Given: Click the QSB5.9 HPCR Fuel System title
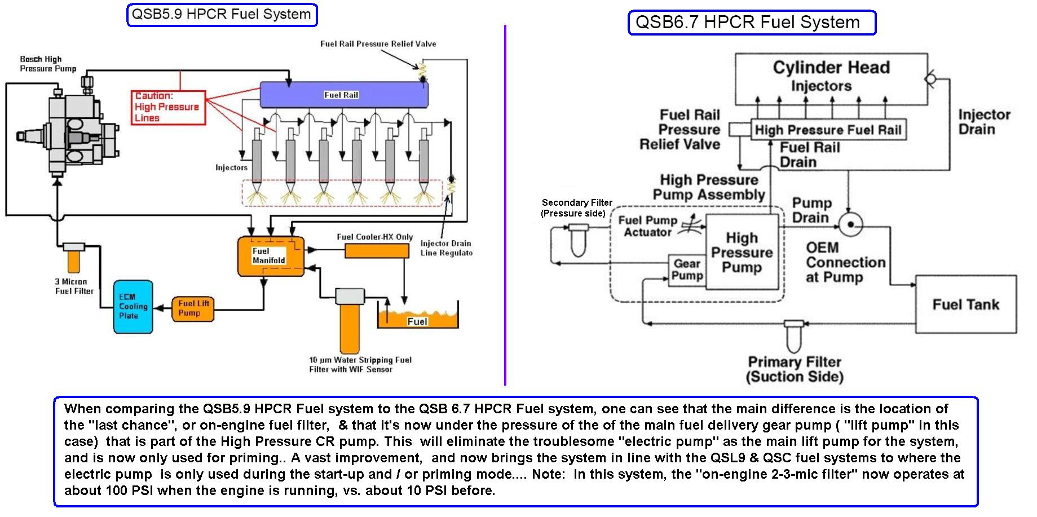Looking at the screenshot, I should tap(222, 15).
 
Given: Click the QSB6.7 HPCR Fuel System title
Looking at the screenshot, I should tap(751, 23).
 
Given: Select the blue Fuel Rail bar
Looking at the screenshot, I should tap(343, 95).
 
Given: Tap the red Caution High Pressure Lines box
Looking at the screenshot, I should tap(168, 107).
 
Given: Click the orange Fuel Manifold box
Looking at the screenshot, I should tap(270, 256).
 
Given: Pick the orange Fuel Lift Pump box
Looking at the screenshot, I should tap(192, 308).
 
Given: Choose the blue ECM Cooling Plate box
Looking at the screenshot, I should tap(133, 306).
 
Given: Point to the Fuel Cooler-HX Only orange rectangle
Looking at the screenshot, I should tap(376, 251).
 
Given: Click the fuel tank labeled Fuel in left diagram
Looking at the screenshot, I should tap(417, 320).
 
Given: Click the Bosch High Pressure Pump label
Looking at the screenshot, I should tap(47, 64).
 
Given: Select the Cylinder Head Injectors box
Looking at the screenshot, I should tap(831, 78).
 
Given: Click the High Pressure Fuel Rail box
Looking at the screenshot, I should tap(828, 130).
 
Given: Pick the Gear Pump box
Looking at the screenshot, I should tap(687, 270).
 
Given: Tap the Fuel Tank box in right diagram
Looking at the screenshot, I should tap(965, 304).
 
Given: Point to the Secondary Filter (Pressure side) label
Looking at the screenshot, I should tap(576, 207).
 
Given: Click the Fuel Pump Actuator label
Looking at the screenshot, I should tap(647, 226).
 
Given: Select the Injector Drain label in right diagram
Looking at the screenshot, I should tap(984, 122).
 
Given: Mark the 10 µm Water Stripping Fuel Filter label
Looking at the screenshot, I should tap(360, 364).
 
